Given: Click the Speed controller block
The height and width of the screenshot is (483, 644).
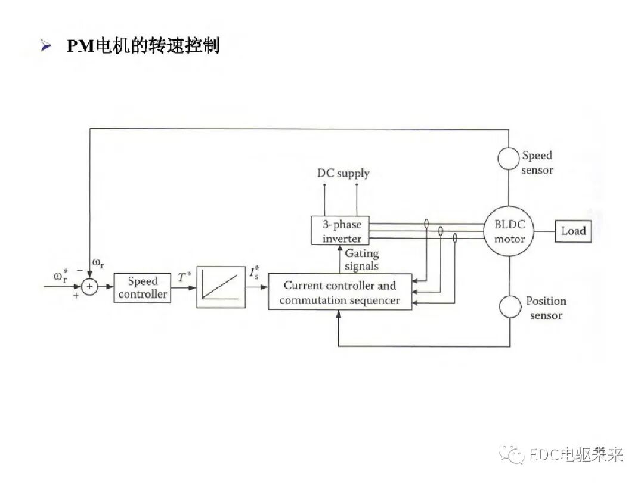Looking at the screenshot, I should (142, 287).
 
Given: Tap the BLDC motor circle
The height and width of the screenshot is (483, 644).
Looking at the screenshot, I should (509, 231).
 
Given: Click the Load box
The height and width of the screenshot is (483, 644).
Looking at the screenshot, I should (573, 231).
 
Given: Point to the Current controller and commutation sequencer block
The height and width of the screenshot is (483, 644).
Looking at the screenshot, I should (339, 292).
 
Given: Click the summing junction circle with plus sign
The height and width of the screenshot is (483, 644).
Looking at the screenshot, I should (89, 287).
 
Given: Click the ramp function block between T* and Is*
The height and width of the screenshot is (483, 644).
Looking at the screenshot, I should (221, 287).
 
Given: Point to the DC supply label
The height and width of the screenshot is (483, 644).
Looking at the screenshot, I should (343, 174).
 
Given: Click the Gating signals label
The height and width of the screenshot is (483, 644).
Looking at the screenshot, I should (361, 260).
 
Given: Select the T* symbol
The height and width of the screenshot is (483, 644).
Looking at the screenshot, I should (184, 276).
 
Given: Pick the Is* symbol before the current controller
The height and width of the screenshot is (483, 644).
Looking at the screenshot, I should (253, 275).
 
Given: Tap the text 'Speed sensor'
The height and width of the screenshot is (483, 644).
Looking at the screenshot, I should (537, 163).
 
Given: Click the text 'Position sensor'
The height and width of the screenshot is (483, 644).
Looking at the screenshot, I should (546, 308).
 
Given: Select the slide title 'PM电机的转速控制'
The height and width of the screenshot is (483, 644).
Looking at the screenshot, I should (143, 46).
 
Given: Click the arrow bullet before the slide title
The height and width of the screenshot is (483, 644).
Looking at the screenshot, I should (46, 47).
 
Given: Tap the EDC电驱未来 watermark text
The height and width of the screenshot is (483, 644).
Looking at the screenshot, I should (575, 456).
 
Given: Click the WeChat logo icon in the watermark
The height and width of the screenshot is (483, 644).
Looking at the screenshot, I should (512, 456).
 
